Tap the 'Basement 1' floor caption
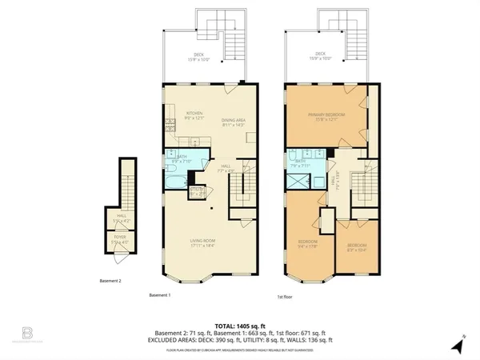pos(161,294)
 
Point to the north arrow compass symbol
pos(456,346)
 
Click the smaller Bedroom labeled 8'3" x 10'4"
pos(357,247)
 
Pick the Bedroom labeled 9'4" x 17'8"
pos(309,244)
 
